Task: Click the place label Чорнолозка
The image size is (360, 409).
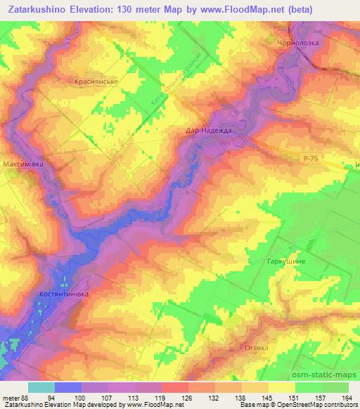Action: [x=298, y=43]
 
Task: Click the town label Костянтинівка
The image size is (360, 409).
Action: [x=64, y=294]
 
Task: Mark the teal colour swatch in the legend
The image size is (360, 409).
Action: [x=41, y=387]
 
